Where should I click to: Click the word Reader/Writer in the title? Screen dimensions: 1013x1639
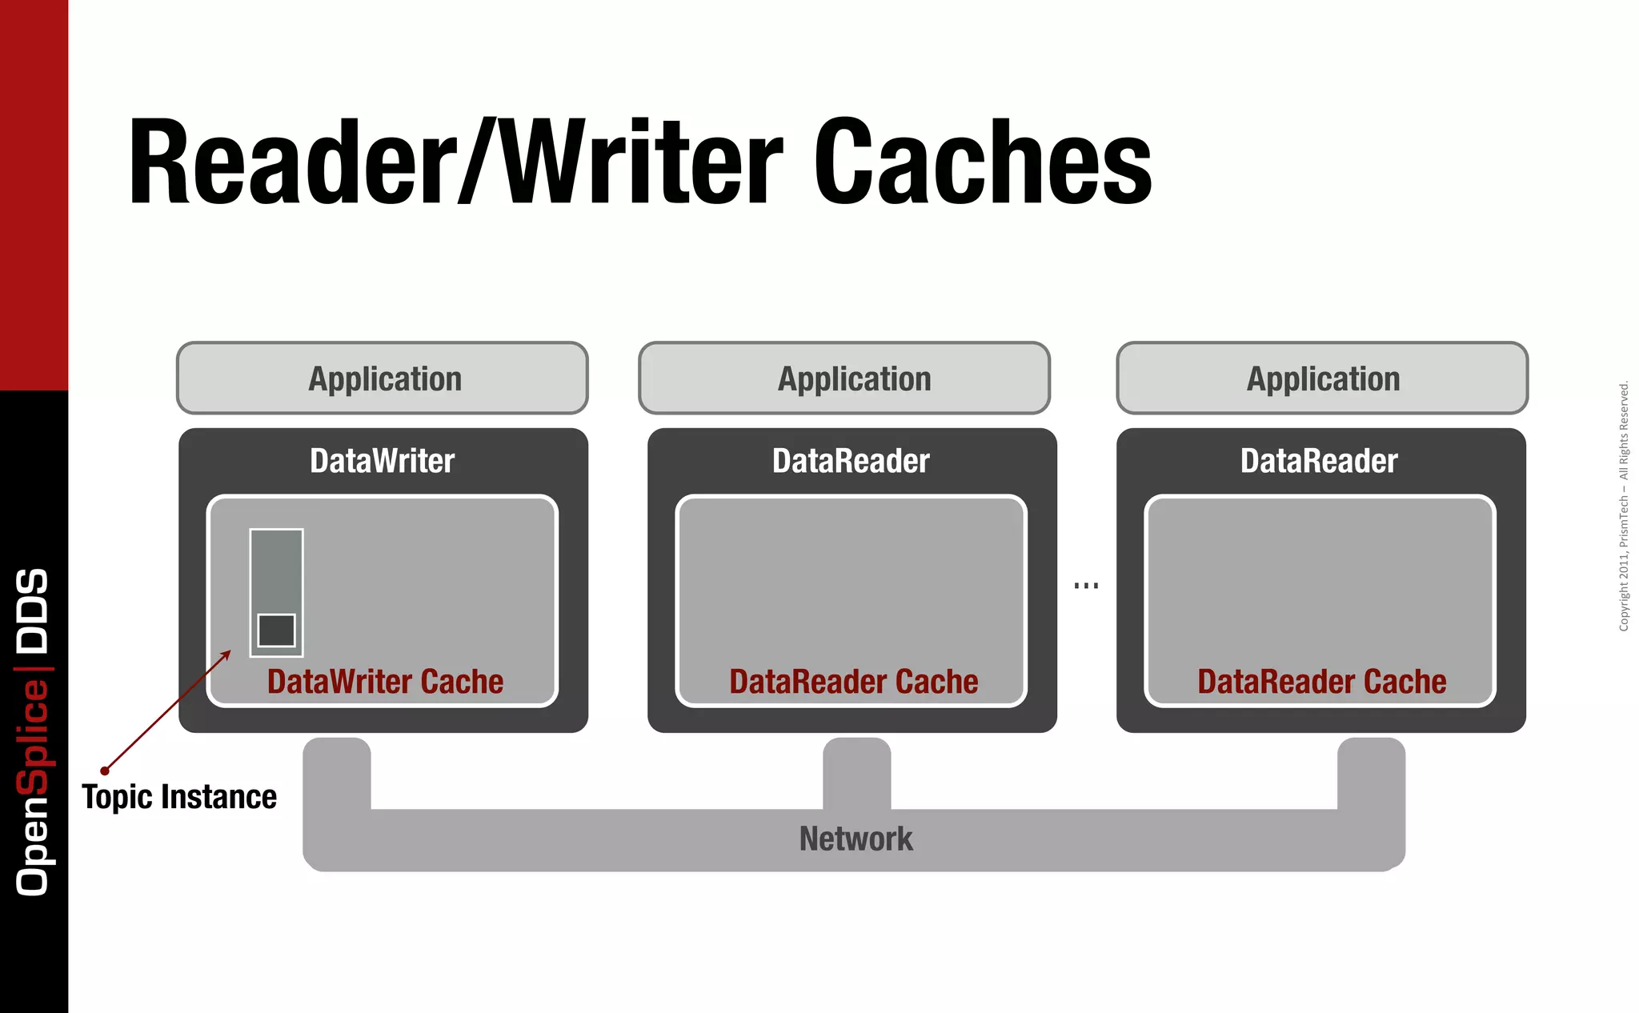coord(455,162)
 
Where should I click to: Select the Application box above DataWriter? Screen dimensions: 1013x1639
coord(383,378)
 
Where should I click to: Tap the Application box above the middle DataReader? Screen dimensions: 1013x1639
coord(844,378)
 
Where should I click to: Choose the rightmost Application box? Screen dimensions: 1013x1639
coord(1322,378)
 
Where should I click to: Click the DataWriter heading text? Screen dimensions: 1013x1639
coord(383,461)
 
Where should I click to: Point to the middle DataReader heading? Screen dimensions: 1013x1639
coord(851,461)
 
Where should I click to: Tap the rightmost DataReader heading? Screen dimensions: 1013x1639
coord(1319,461)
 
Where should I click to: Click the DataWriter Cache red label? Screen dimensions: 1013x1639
coord(385,682)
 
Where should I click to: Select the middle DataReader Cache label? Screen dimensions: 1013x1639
coord(853,682)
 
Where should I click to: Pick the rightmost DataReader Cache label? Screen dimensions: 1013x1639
coord(1321,682)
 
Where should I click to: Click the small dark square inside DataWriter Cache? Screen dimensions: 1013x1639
coord(277,631)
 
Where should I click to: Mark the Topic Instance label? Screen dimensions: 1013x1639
coord(179,797)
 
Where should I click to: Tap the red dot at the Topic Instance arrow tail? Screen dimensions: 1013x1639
coord(105,771)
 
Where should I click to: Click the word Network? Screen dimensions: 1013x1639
coord(856,839)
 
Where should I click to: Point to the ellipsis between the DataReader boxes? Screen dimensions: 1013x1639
coord(1086,586)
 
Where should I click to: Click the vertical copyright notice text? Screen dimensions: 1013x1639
coord(1624,506)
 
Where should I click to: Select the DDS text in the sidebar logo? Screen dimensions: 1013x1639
coord(33,610)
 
